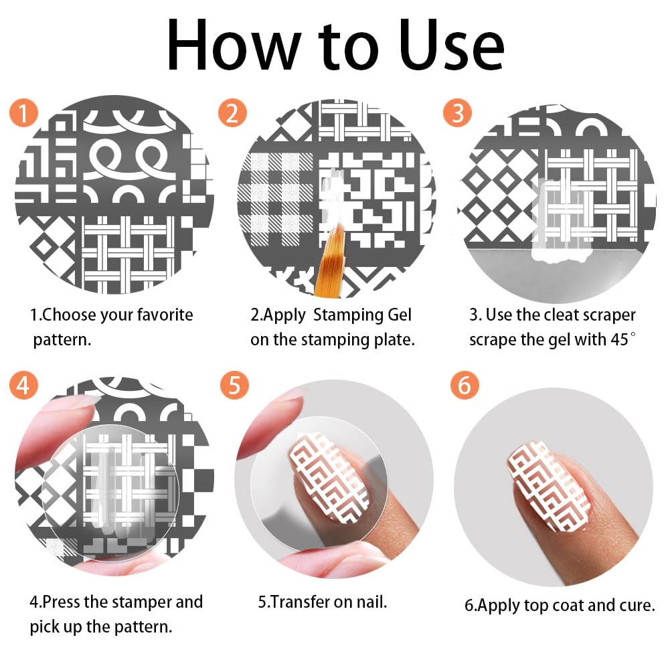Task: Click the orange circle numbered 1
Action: coord(24,113)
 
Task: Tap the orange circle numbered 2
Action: coord(232,113)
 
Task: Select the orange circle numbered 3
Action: coord(457,113)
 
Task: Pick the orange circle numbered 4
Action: coord(24,385)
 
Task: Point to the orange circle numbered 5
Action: coord(234,385)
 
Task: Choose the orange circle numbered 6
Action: coord(465,385)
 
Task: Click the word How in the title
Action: coord(234,46)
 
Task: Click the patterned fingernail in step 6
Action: coord(549,487)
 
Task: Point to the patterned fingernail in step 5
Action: coord(329,477)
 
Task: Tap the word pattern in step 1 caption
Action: coord(62,340)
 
